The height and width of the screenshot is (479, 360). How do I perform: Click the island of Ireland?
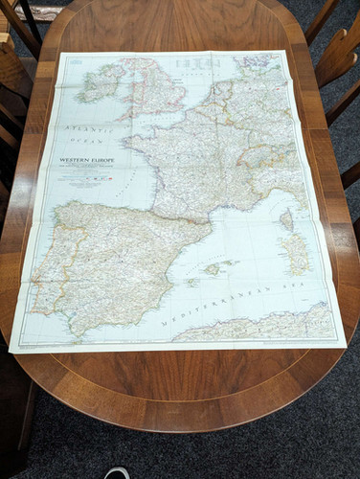pyautogui.click(x=101, y=80)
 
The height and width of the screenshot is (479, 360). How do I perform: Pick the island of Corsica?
pyautogui.click(x=286, y=219)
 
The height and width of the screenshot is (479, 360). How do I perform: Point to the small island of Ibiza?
pyautogui.click(x=192, y=282)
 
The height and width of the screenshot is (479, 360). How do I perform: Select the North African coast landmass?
pyautogui.click(x=259, y=326)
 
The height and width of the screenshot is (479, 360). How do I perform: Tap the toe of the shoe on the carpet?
pyautogui.click(x=117, y=472)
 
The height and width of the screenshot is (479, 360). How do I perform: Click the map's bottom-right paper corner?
pyautogui.click(x=346, y=342)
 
